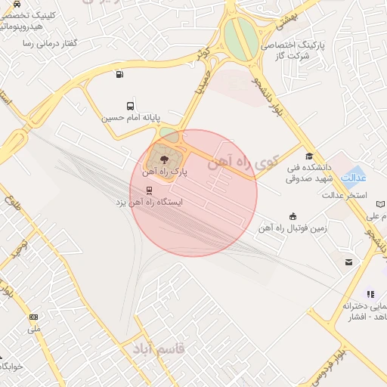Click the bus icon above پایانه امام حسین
(x=131, y=106)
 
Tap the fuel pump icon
(x=119, y=74)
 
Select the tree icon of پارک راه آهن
(x=163, y=157)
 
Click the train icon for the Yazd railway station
(x=149, y=190)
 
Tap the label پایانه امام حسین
(x=131, y=118)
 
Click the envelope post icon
(x=348, y=262)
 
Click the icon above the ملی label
(x=33, y=317)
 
